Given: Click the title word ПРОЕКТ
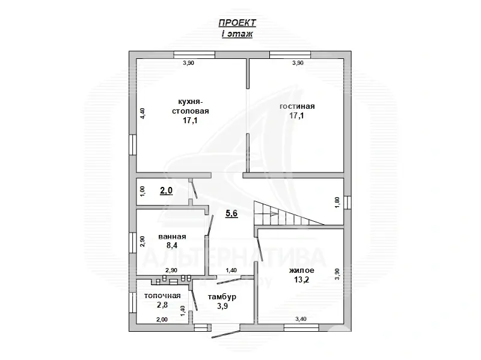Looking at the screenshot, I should pyautogui.click(x=237, y=22).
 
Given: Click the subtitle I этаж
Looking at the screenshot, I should pyautogui.click(x=237, y=34).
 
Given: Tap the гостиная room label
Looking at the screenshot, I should pyautogui.click(x=297, y=106).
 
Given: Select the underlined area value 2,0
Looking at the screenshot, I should pyautogui.click(x=167, y=191).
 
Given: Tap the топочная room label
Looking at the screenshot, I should pyautogui.click(x=162, y=296).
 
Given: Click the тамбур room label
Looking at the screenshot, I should pyautogui.click(x=222, y=297).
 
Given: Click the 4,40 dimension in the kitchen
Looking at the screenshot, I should pyautogui.click(x=142, y=113).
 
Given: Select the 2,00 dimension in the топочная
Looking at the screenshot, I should pyautogui.click(x=162, y=320).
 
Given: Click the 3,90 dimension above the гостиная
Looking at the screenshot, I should pyautogui.click(x=297, y=63).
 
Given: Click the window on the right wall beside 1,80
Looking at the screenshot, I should pyautogui.click(x=347, y=203).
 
